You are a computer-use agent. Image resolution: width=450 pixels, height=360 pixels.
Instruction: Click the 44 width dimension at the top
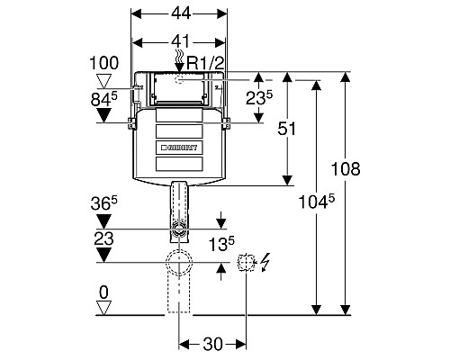pyautogui.click(x=181, y=13)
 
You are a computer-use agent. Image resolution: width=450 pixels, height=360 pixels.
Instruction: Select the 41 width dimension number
pyautogui.click(x=181, y=41)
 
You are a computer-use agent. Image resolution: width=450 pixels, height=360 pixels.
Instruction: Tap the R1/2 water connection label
pyautogui.click(x=205, y=63)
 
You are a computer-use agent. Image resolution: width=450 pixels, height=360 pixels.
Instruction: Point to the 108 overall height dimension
pyautogui.click(x=346, y=168)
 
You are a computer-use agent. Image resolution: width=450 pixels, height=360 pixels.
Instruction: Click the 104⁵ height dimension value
pyautogui.click(x=317, y=202)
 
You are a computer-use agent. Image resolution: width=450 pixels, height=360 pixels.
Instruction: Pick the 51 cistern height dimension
pyautogui.click(x=287, y=129)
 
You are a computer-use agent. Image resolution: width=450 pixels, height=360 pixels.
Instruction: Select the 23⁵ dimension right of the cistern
pyautogui.click(x=259, y=97)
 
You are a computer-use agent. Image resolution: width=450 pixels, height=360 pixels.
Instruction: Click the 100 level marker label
pyautogui.click(x=104, y=63)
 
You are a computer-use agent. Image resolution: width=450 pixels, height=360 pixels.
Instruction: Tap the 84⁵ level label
pyautogui.click(x=103, y=99)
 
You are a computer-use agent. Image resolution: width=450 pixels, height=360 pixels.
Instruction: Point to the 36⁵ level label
pyautogui.click(x=103, y=203)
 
